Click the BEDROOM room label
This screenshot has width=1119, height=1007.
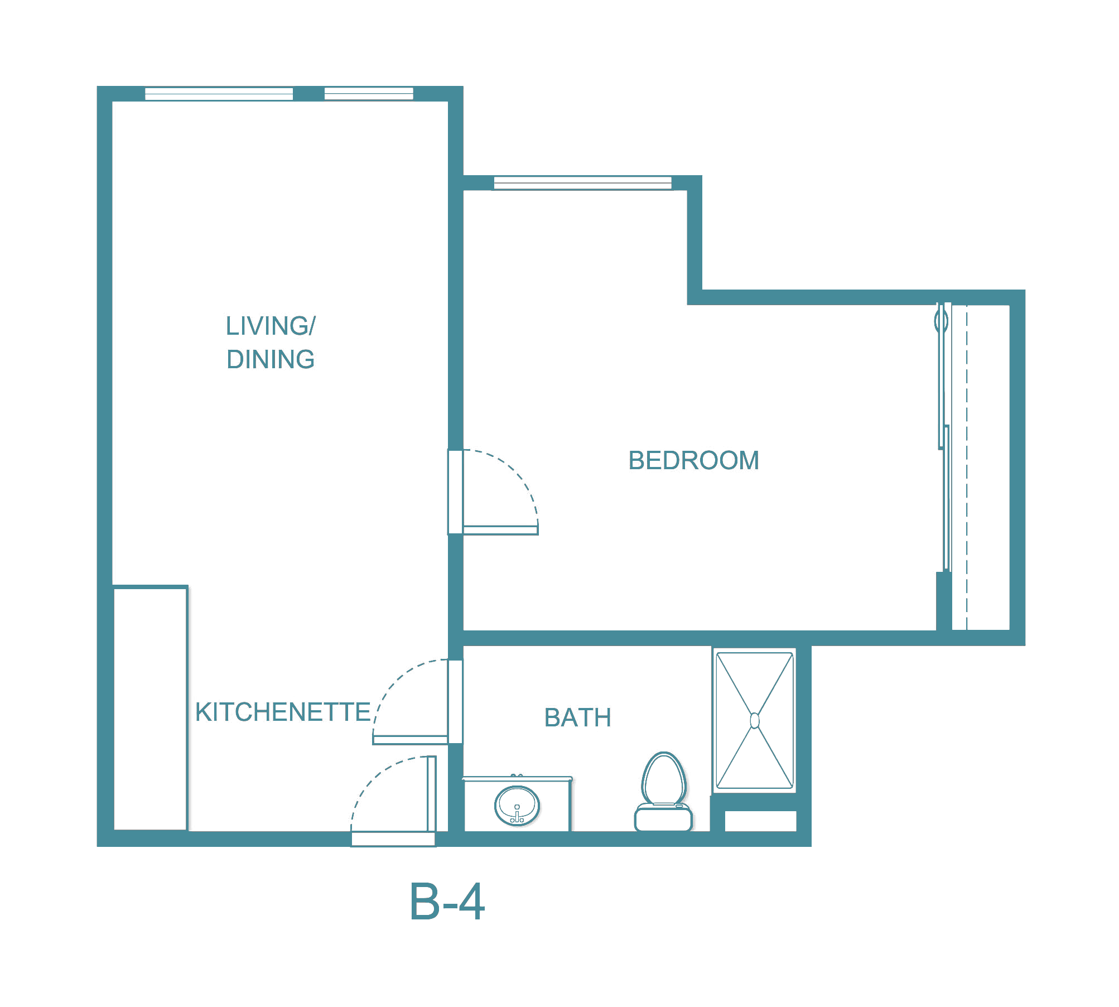click(x=693, y=461)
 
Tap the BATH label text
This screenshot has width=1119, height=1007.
click(x=577, y=717)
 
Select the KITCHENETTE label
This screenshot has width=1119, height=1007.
click(x=283, y=712)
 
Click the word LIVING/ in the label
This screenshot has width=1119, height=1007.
click(x=271, y=326)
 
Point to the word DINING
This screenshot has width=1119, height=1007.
click(x=271, y=359)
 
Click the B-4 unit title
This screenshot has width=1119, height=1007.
click(x=447, y=902)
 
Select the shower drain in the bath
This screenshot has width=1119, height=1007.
click(x=755, y=721)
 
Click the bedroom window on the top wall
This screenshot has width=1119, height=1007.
click(x=582, y=182)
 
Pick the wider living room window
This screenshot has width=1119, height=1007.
click(x=219, y=94)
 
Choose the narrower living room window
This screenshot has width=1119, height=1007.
click(x=369, y=94)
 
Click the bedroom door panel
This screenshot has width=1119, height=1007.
click(x=500, y=530)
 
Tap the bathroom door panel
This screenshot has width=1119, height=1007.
click(x=410, y=740)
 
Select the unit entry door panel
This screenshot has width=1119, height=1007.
click(x=431, y=793)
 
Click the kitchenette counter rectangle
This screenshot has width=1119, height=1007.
click(x=150, y=708)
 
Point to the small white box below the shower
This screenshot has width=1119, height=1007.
click(x=760, y=821)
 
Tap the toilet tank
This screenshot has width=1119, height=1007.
click(x=663, y=818)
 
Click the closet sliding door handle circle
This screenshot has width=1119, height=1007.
click(x=941, y=321)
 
